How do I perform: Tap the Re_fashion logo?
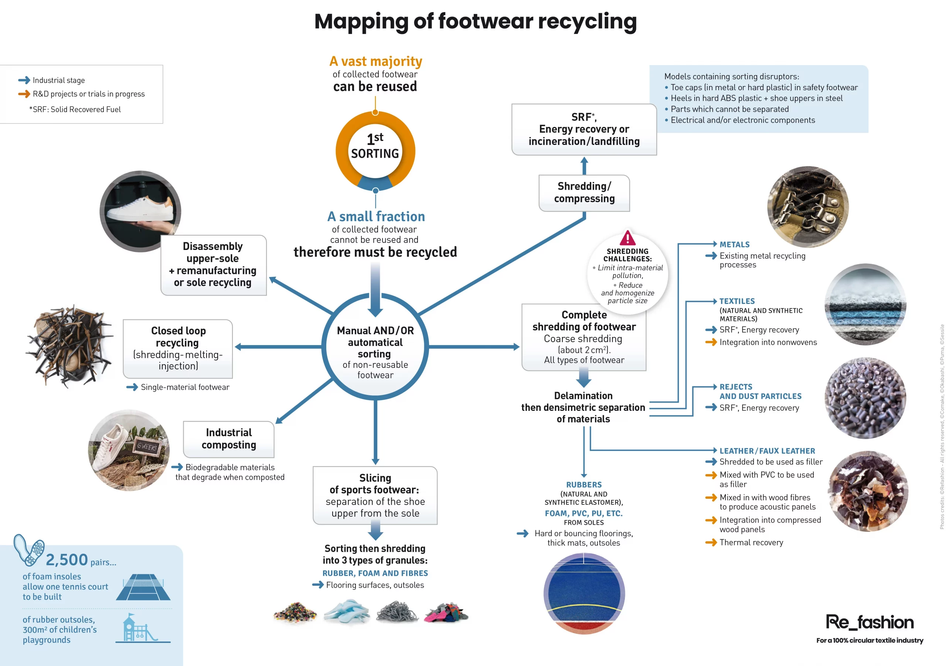(x=870, y=622)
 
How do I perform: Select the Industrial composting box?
(x=229, y=439)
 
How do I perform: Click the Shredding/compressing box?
(x=584, y=193)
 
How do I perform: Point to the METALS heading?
(x=734, y=244)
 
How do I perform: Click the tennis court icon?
(x=143, y=587)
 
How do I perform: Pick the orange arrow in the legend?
(x=24, y=94)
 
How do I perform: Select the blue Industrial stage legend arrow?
(x=24, y=80)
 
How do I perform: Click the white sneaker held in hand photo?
(x=140, y=211)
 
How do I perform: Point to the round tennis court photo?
(x=584, y=594)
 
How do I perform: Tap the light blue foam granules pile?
(x=347, y=611)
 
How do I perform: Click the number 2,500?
(x=67, y=559)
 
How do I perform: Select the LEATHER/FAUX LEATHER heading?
(x=767, y=451)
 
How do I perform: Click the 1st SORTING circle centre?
(x=375, y=151)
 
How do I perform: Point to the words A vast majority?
(x=375, y=61)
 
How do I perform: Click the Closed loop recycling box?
(x=178, y=348)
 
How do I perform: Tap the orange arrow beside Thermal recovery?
(x=711, y=542)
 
